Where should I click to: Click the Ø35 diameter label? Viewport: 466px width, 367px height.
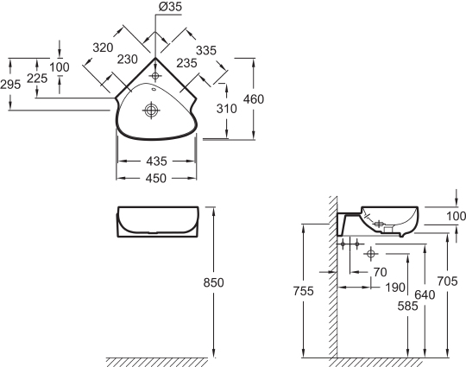click(170, 7)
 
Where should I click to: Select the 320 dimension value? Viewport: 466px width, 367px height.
click(104, 47)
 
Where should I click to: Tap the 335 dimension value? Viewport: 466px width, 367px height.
click(206, 51)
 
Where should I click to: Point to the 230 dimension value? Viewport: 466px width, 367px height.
click(127, 60)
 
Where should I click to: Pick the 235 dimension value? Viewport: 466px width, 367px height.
click(186, 63)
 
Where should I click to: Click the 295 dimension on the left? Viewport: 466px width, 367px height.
click(10, 85)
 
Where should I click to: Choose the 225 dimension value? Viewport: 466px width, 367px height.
click(37, 79)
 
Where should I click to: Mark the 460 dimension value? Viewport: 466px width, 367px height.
click(254, 99)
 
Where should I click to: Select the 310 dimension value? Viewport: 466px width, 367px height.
click(226, 109)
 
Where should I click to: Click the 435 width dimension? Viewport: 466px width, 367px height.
click(156, 161)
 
